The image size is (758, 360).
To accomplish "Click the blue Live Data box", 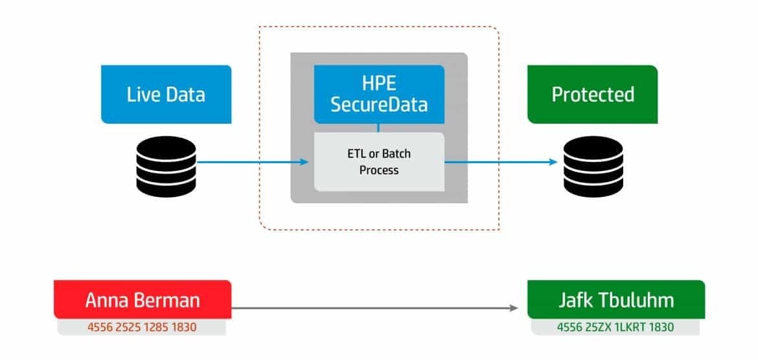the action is pyautogui.click(x=167, y=95).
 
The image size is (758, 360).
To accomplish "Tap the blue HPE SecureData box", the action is pyautogui.click(x=379, y=95).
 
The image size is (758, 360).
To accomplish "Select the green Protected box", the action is pyautogui.click(x=593, y=95).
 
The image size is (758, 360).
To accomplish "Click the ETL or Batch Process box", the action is pyautogui.click(x=379, y=162).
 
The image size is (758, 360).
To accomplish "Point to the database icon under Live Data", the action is pyautogui.click(x=166, y=166).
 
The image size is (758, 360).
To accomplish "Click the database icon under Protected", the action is pyautogui.click(x=593, y=166).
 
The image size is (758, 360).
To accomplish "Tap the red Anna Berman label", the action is pyautogui.click(x=143, y=300).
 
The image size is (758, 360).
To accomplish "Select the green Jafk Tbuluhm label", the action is pyautogui.click(x=616, y=300).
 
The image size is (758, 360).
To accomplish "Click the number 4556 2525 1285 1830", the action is pyautogui.click(x=142, y=327).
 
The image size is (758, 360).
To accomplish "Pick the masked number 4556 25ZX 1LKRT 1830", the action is pyautogui.click(x=615, y=327).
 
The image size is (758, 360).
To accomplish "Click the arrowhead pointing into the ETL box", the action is pyautogui.click(x=304, y=162).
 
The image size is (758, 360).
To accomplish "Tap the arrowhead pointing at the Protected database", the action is pyautogui.click(x=553, y=162).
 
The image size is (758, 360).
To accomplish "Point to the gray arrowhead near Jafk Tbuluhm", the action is pyautogui.click(x=514, y=308).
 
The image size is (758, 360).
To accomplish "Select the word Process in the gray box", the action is pyautogui.click(x=379, y=170).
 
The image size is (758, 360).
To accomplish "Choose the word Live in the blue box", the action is pyautogui.click(x=142, y=95).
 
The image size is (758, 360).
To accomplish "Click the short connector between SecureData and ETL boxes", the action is pyautogui.click(x=378, y=128).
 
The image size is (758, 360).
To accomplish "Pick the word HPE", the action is pyautogui.click(x=379, y=83).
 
